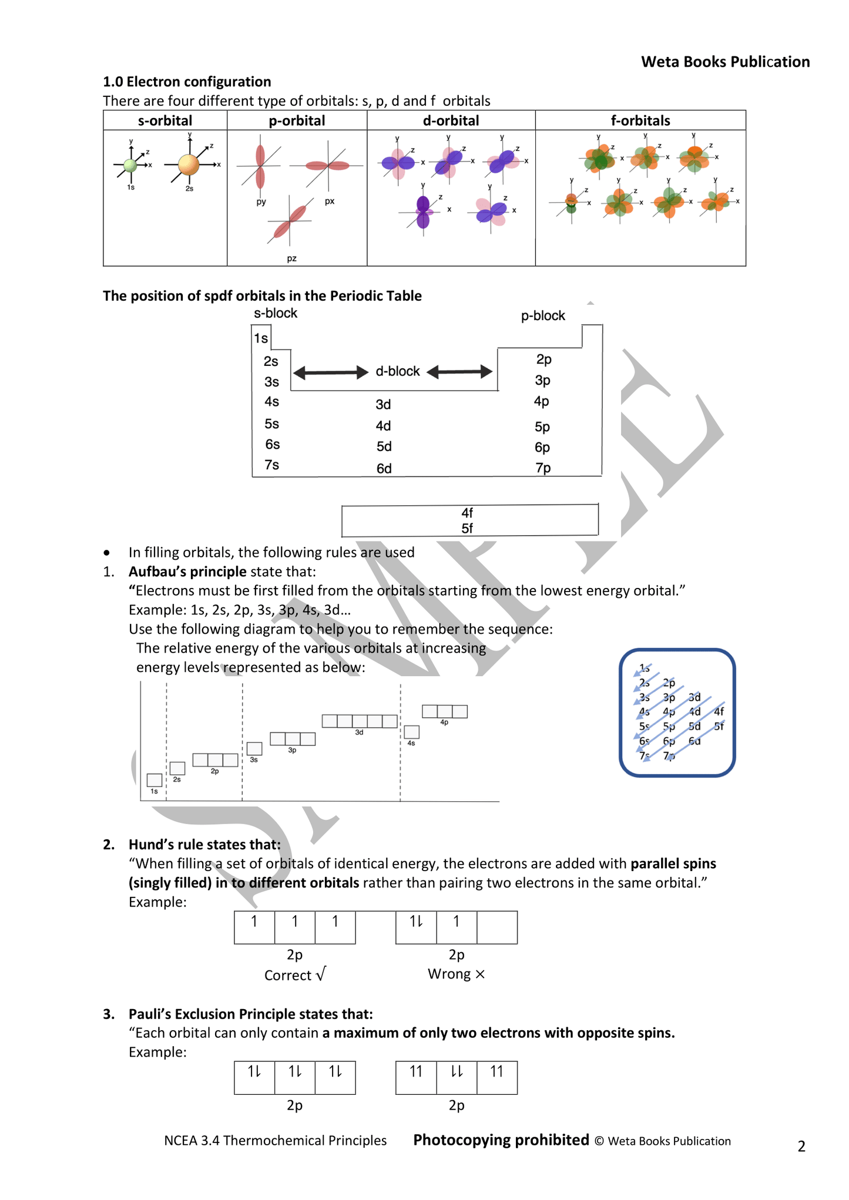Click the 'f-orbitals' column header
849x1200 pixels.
point(640,120)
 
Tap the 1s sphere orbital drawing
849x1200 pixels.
point(130,166)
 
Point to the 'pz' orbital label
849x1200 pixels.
point(291,258)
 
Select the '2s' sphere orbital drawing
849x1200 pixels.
point(188,164)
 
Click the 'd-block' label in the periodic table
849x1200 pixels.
point(398,371)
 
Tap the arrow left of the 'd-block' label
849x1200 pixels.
point(330,372)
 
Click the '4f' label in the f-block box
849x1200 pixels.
point(467,513)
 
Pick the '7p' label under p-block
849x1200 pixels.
point(543,468)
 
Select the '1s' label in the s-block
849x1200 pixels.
point(261,338)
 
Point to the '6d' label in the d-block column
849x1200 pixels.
point(384,469)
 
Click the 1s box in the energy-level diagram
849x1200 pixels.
point(155,780)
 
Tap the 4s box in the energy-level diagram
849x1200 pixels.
point(411,732)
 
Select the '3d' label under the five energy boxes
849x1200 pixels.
point(359,732)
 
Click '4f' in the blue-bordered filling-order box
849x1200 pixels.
point(719,711)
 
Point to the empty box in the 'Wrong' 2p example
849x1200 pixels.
point(497,927)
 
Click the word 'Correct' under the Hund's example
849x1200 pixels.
point(287,976)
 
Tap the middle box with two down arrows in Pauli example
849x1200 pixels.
point(457,1077)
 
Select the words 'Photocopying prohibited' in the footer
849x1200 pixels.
point(501,1140)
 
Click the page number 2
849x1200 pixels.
point(801,1146)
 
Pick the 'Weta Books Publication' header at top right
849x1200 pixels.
point(725,62)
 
